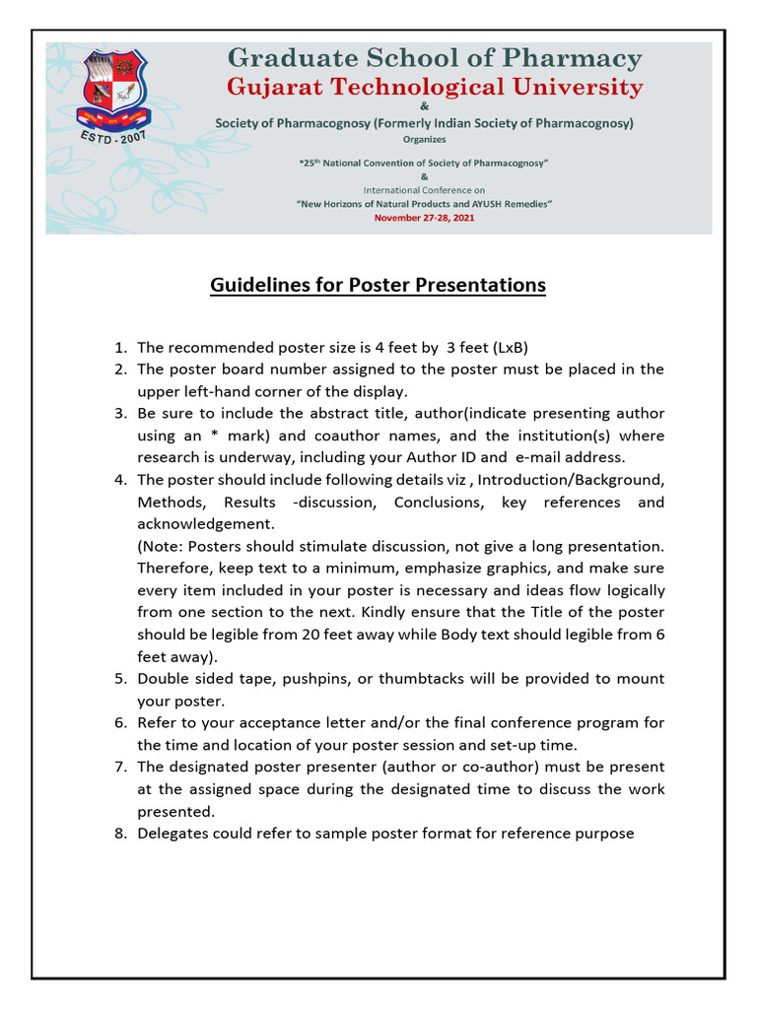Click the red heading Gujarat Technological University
click(x=435, y=88)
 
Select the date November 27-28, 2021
click(x=424, y=218)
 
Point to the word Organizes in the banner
click(x=424, y=140)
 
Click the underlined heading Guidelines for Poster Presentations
click(x=378, y=286)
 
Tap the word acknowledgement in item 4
click(x=206, y=524)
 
